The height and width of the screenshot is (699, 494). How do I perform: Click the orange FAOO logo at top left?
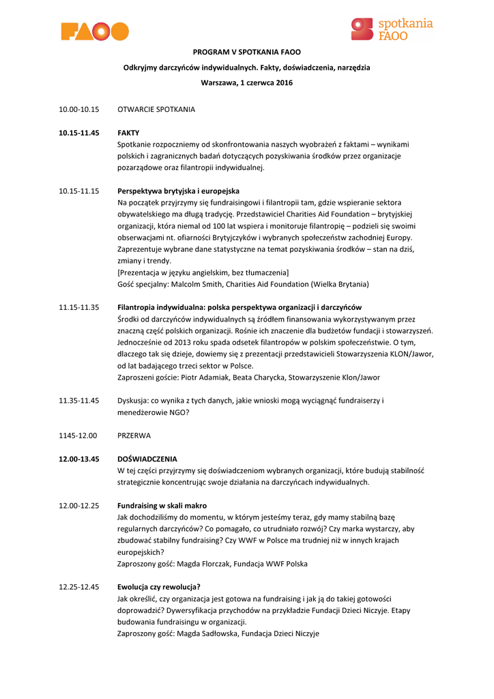pyautogui.click(x=95, y=31)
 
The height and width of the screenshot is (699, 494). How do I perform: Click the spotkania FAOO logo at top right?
pyautogui.click(x=392, y=29)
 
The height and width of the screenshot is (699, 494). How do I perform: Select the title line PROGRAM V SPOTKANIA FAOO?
pyautogui.click(x=246, y=52)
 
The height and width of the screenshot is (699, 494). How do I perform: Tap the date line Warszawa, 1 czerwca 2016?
pyautogui.click(x=246, y=83)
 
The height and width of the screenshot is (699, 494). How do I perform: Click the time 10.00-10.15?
pyautogui.click(x=79, y=109)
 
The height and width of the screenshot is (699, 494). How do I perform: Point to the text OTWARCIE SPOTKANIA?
pyautogui.click(x=156, y=109)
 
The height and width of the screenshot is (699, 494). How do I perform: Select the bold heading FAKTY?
pyautogui.click(x=128, y=133)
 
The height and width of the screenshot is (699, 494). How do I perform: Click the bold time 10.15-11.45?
pyautogui.click(x=79, y=133)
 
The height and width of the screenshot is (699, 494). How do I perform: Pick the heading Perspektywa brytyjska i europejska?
pyautogui.click(x=178, y=190)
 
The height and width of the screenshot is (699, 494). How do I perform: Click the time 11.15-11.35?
pyautogui.click(x=79, y=307)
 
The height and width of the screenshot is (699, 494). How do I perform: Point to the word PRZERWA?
pyautogui.click(x=134, y=435)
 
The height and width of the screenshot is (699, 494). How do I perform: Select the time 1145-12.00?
pyautogui.click(x=78, y=435)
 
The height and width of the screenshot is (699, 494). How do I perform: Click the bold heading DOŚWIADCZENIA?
pyautogui.click(x=147, y=459)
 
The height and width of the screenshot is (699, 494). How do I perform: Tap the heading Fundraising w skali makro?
pyautogui.click(x=162, y=506)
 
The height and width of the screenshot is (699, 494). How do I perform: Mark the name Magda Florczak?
pyautogui.click(x=205, y=564)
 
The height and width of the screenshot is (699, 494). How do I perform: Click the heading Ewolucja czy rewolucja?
pyautogui.click(x=159, y=587)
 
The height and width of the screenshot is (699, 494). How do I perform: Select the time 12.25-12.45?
pyautogui.click(x=79, y=587)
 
